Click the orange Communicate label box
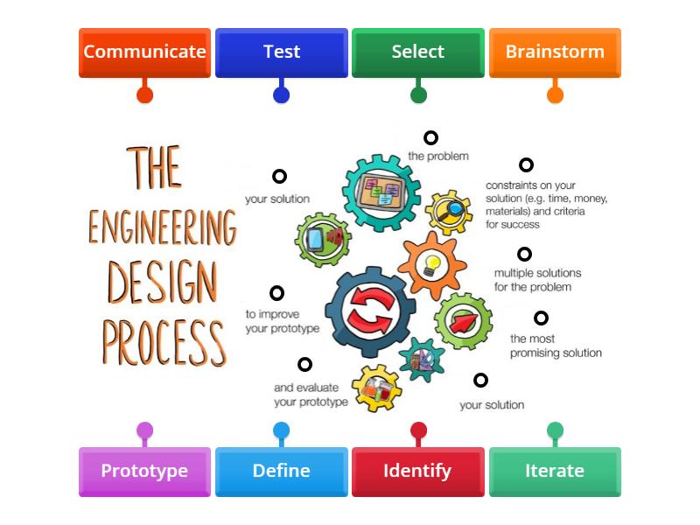(x=144, y=52)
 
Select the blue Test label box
(x=281, y=52)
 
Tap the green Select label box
(x=417, y=52)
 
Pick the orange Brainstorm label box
(x=554, y=52)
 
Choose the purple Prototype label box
(x=144, y=471)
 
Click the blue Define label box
(x=281, y=471)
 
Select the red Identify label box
(x=417, y=471)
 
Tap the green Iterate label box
(x=554, y=471)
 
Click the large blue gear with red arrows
(x=370, y=312)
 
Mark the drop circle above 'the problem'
(x=430, y=137)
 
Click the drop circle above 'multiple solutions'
(x=524, y=254)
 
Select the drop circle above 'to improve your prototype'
(x=276, y=293)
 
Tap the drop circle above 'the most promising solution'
(x=541, y=318)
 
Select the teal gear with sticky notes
(x=381, y=192)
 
